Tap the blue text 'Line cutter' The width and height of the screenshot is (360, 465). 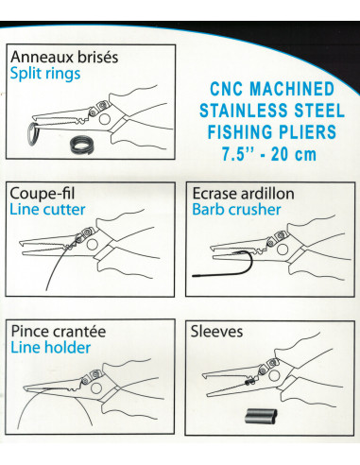click(x=47, y=209)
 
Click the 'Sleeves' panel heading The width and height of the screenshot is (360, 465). click(x=217, y=332)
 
